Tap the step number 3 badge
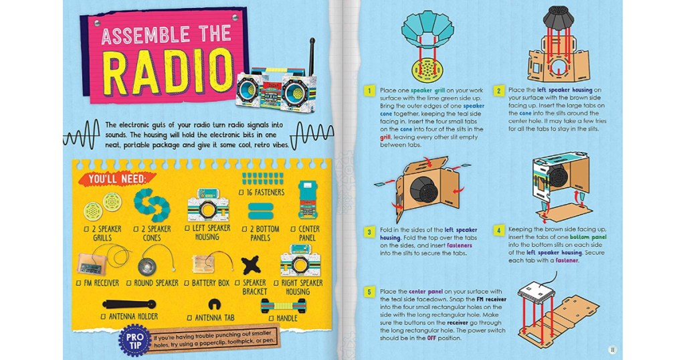coord(369,232)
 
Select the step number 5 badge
coord(369,292)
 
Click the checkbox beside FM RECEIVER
coord(79,284)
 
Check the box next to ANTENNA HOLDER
coord(103,317)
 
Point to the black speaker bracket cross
coord(252,265)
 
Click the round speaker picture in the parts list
coord(148,265)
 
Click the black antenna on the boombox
coord(312,57)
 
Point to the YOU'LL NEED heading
coord(116,179)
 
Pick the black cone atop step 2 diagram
coord(559,17)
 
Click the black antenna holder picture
coord(129,304)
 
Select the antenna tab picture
coord(214,304)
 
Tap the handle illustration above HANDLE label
coord(283,305)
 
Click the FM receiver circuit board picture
coord(91,264)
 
